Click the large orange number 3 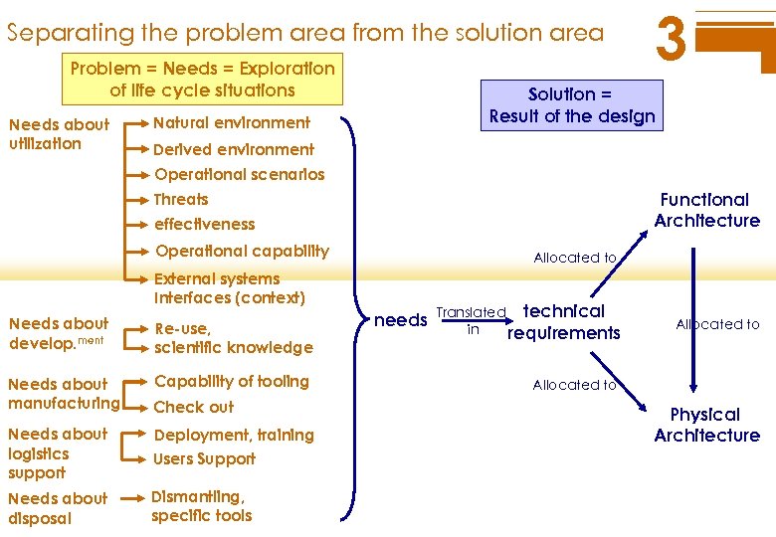tap(673, 40)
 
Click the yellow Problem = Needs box tap(202, 80)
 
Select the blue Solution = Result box tap(572, 105)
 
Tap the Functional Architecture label tap(706, 210)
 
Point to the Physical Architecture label tap(706, 425)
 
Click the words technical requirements tap(563, 322)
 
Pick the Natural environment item tap(232, 123)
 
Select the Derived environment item tap(234, 149)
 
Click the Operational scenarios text tap(240, 174)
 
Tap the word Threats tap(181, 199)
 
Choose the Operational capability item tap(242, 251)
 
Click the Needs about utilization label tap(58, 134)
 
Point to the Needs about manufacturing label tap(63, 393)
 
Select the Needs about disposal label tap(57, 508)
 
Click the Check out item tap(194, 407)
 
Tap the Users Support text tap(204, 458)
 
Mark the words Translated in tap(473, 320)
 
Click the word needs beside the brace tap(400, 319)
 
